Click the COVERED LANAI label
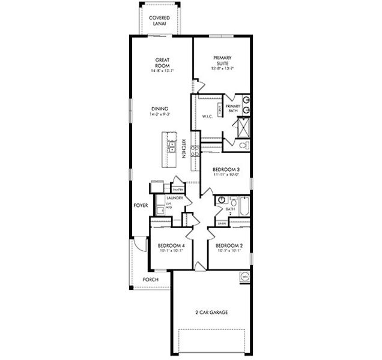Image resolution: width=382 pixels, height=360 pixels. (x=159, y=20)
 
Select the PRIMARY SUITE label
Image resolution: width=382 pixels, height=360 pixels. (x=222, y=61)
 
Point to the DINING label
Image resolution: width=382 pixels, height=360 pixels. (x=160, y=109)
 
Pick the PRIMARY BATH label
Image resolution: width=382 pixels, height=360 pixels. (x=233, y=109)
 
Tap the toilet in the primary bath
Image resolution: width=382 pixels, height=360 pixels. (x=243, y=145)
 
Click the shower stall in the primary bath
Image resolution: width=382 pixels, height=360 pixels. (x=243, y=127)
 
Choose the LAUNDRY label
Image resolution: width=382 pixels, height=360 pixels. (x=166, y=197)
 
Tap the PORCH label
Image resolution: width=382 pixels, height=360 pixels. (x=150, y=280)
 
